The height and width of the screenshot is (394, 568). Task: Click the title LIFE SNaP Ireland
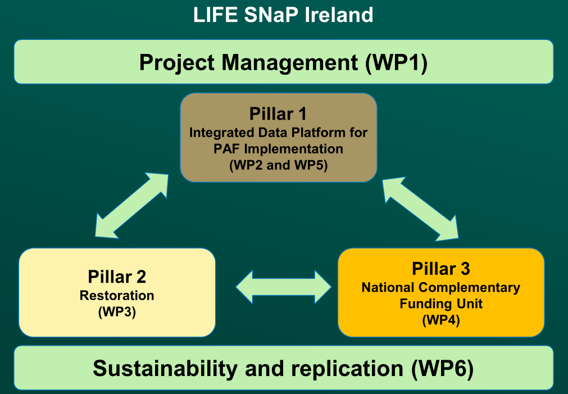(283, 15)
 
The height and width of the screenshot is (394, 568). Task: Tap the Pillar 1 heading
(278, 114)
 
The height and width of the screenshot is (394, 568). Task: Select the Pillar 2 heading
(117, 277)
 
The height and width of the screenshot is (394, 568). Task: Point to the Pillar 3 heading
(440, 269)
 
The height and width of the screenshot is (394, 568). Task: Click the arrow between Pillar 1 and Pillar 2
(132, 205)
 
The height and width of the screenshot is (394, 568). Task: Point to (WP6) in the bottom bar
(442, 369)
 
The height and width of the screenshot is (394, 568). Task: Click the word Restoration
(117, 296)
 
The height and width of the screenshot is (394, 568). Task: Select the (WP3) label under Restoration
(117, 312)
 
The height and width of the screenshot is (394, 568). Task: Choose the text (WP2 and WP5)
(278, 166)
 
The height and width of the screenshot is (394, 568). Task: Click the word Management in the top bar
(288, 62)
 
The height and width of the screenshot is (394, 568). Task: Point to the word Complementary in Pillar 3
(471, 288)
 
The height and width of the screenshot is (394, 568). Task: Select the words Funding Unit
(440, 304)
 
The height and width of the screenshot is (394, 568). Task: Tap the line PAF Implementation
(278, 150)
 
